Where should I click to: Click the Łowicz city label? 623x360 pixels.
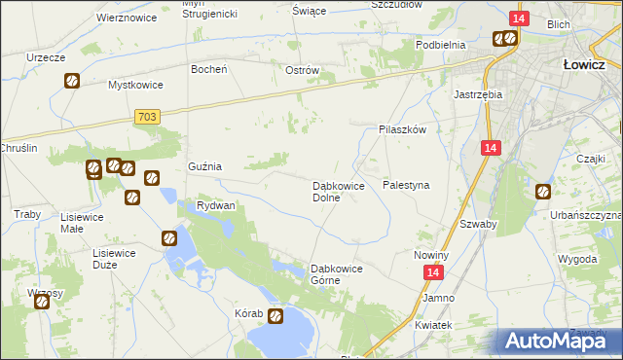pos(586,64)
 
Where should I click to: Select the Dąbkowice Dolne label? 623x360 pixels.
pos(338,191)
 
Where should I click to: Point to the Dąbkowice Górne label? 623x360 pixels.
pos(336,274)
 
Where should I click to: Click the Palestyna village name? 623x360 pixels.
pos(407,184)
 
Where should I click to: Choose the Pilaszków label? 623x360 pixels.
pos(402,128)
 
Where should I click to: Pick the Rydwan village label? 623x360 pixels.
pos(216,206)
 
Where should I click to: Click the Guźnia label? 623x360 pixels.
pos(205,166)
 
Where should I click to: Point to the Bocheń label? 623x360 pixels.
pos(209,69)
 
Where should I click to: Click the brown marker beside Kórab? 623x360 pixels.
pos(275,315)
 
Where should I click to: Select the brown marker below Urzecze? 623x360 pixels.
pos(72,81)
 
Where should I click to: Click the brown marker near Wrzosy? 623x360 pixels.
pos(43,302)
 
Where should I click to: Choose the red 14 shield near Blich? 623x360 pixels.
pos(519,18)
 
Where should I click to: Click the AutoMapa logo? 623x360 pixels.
pos(559,341)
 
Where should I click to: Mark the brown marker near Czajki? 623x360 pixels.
pos(543,192)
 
